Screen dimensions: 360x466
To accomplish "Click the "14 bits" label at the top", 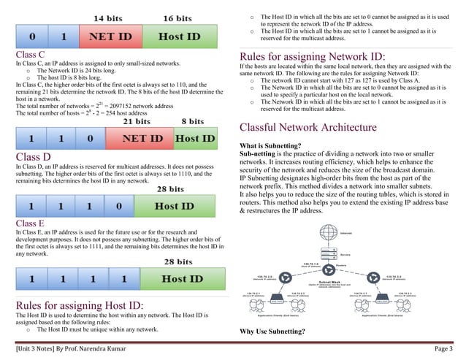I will (108, 16).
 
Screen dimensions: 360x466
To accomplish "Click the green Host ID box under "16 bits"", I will (180, 35).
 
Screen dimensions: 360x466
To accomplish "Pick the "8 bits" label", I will (192, 121).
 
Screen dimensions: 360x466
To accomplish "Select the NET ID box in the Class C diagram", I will (141, 138).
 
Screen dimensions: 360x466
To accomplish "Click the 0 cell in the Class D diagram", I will (118, 205).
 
